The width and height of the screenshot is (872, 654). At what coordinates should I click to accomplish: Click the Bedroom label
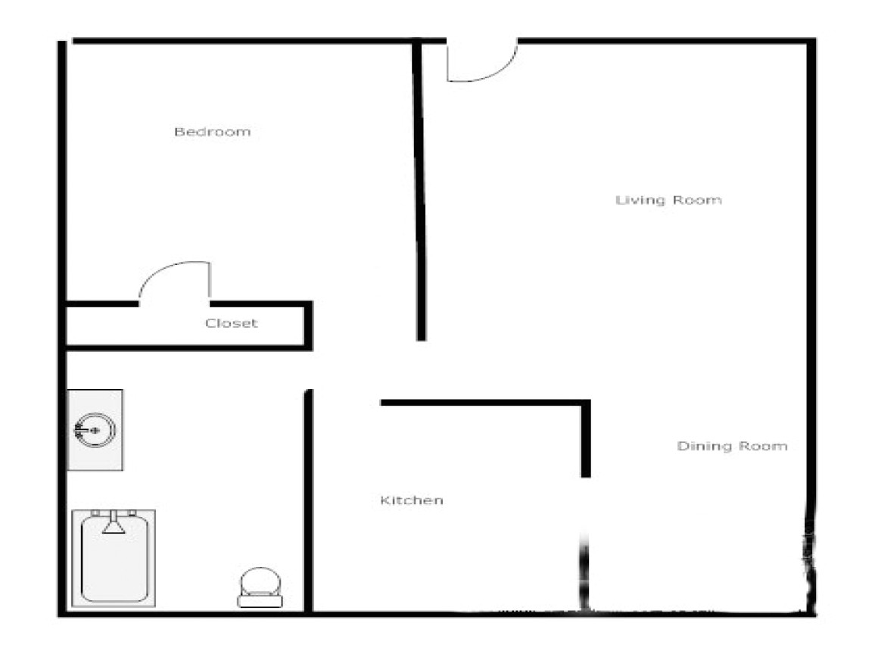212,132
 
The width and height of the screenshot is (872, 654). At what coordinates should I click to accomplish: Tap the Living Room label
668,201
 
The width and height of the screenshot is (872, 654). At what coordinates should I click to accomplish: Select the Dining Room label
731,447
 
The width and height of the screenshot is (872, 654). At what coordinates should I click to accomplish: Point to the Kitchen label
411,500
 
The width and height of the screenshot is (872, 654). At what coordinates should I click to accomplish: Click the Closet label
231,323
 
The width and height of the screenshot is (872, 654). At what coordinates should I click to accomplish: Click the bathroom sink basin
95,430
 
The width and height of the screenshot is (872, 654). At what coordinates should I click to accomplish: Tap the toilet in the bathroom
260,584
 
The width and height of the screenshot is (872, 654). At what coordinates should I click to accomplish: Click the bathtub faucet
114,523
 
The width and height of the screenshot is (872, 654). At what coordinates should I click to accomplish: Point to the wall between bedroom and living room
419,189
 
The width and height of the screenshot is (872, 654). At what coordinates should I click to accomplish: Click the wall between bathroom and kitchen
308,500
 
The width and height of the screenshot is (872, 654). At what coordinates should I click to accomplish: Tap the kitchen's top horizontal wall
484,403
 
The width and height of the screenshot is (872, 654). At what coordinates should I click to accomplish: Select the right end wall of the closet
308,325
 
